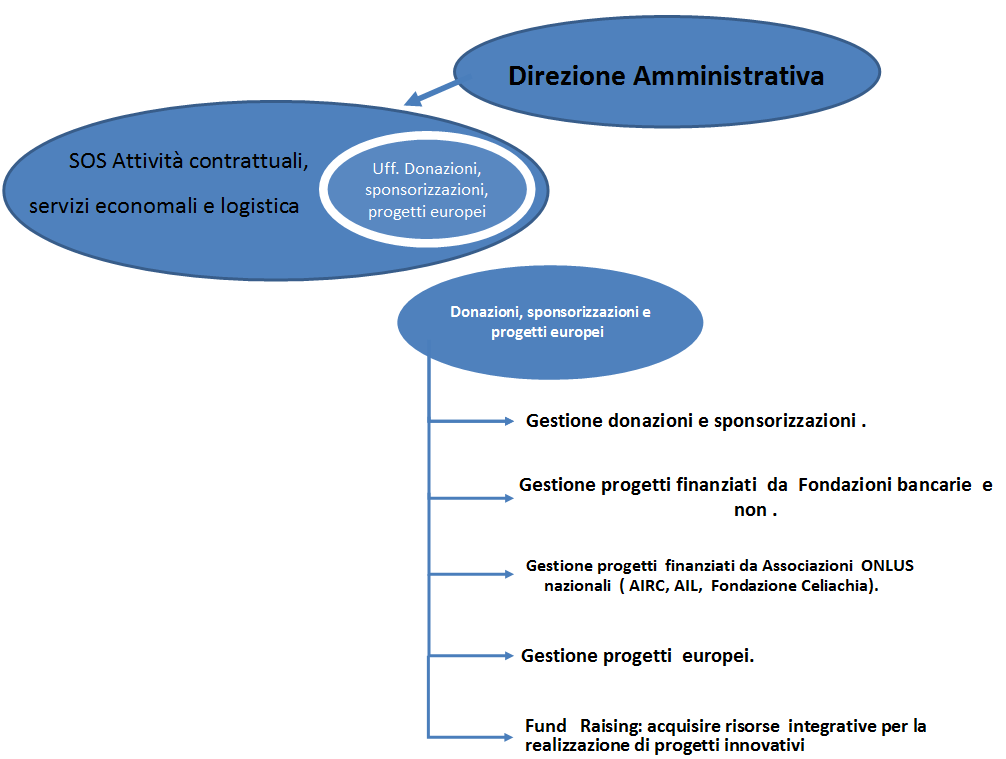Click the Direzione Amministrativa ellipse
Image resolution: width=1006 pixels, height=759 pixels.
tap(667, 71)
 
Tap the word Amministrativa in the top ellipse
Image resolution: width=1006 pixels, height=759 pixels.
tap(728, 76)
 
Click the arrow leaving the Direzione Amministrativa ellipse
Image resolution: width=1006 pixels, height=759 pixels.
tap(434, 92)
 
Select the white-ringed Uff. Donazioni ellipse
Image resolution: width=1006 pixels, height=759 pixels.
tap(427, 189)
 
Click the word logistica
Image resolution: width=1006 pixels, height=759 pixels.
tap(260, 206)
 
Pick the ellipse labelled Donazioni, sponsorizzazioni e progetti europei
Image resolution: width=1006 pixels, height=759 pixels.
tap(550, 322)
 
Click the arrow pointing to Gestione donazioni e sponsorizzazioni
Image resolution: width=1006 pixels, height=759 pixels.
tap(472, 421)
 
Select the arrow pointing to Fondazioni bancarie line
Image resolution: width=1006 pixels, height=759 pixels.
tap(472, 498)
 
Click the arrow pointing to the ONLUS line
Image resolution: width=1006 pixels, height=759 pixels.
tap(472, 574)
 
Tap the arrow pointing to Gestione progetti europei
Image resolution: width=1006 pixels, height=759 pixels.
tap(472, 656)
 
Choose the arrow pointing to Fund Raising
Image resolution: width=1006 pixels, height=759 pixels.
tap(472, 737)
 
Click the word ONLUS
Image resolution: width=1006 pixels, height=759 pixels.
tap(887, 565)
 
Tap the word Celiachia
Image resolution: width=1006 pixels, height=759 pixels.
tap(837, 586)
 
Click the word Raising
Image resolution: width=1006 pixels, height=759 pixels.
tap(610, 726)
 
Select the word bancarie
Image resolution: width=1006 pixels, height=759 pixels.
tap(934, 484)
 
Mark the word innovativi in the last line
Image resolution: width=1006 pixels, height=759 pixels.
tap(764, 745)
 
